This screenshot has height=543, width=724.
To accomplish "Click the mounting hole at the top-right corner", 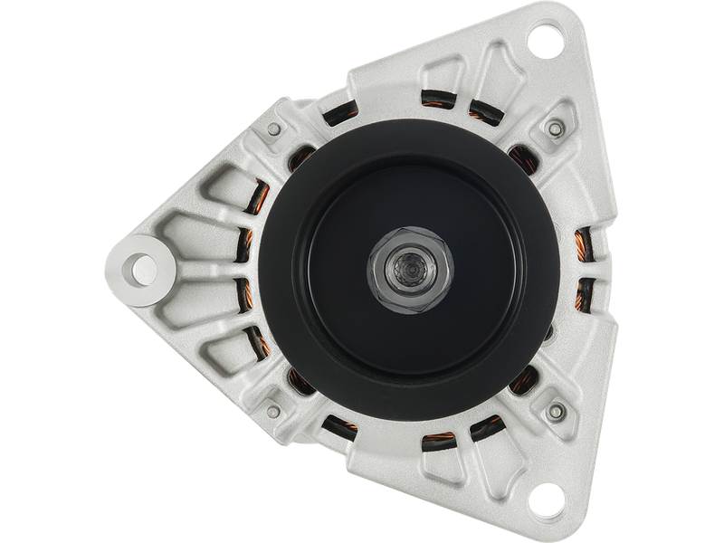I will click(545, 40).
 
